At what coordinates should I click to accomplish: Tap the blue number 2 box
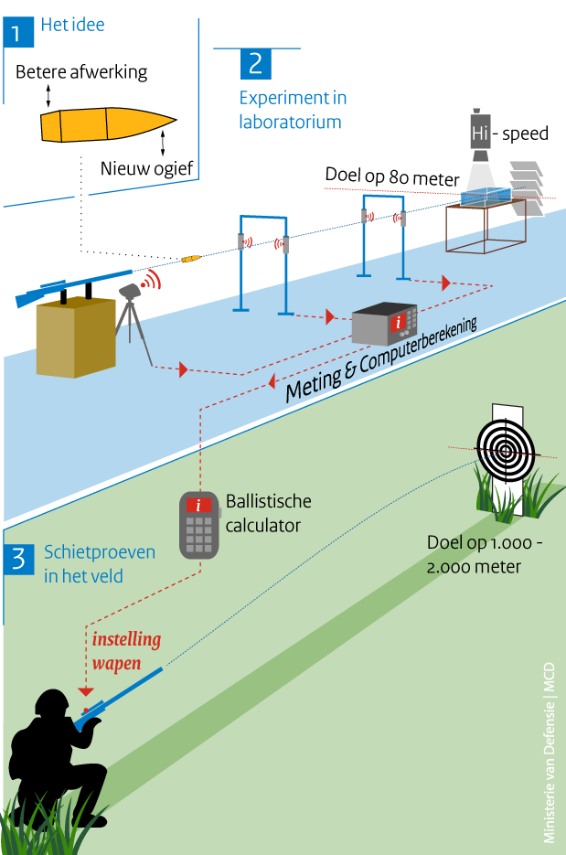click(x=255, y=63)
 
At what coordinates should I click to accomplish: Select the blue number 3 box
click(x=17, y=561)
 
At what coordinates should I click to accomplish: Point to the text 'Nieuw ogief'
click(x=148, y=167)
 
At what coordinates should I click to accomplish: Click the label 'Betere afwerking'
click(x=81, y=71)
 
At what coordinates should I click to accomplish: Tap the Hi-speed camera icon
click(x=481, y=134)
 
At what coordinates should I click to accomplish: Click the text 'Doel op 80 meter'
click(x=391, y=176)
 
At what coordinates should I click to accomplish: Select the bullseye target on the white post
click(x=506, y=450)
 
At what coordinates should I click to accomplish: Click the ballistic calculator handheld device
click(x=199, y=524)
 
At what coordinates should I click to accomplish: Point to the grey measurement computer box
click(x=385, y=324)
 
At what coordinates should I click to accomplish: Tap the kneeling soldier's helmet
click(x=53, y=704)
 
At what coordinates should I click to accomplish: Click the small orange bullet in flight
click(x=189, y=260)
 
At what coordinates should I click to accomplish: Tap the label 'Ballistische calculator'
click(x=268, y=513)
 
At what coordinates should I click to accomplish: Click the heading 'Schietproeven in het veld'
click(x=99, y=563)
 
